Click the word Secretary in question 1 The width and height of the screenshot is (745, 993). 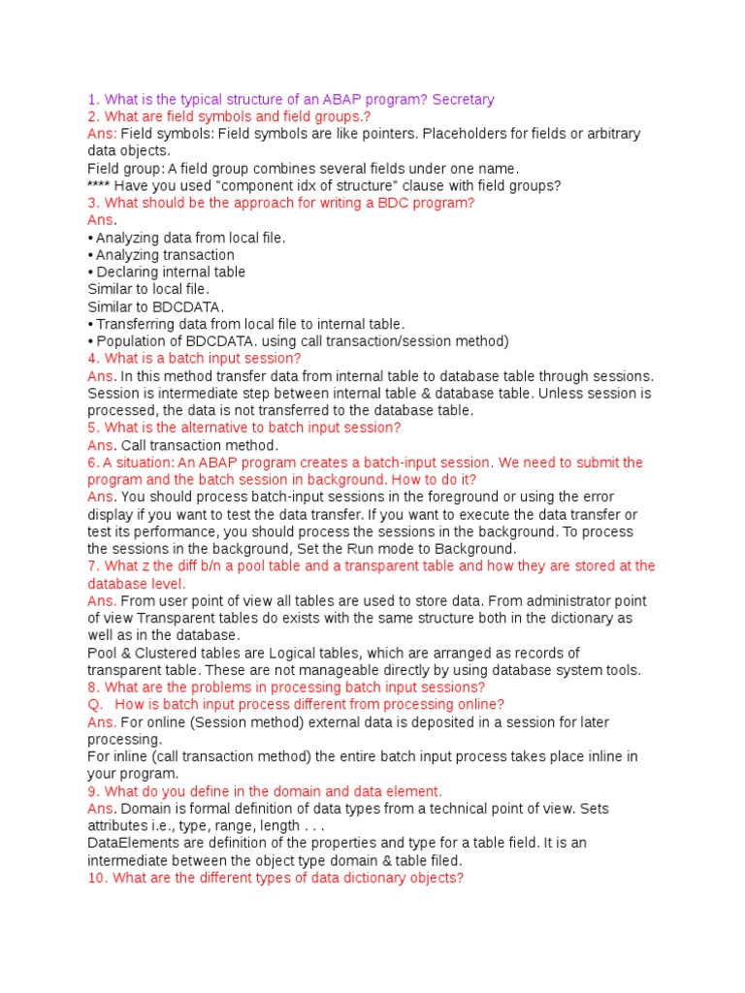[x=464, y=99]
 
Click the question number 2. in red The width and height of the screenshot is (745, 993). [x=93, y=116]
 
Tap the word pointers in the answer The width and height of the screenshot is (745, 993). [x=365, y=134]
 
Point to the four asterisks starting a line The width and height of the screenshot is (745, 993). [x=100, y=186]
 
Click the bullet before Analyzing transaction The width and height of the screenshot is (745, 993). [x=90, y=255]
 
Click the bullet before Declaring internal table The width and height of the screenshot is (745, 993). [x=90, y=272]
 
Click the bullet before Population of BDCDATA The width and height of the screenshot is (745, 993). [x=90, y=341]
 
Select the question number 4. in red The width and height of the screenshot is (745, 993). [x=93, y=359]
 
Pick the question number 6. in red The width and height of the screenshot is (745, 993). [x=93, y=463]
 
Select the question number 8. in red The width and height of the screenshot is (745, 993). [x=93, y=688]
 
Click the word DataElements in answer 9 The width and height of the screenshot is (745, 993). [x=128, y=844]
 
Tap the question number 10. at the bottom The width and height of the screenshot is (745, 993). [x=97, y=878]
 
